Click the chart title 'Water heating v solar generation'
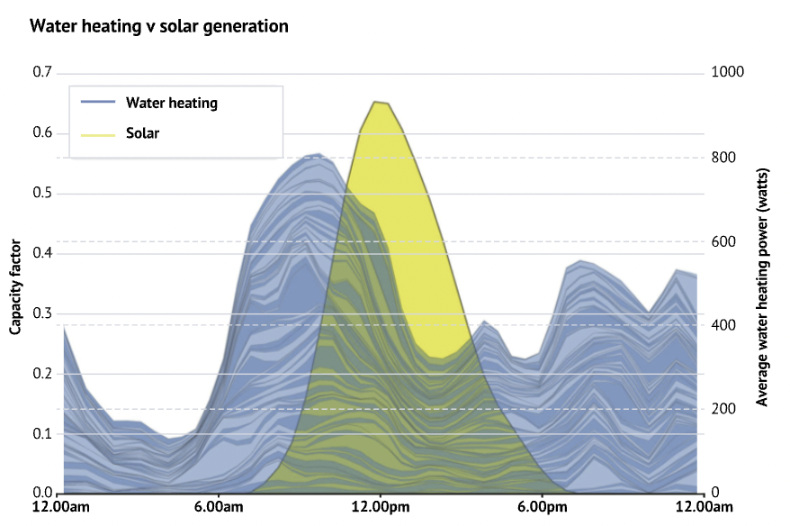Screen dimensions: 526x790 point(159,26)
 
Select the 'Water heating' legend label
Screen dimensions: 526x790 point(171,103)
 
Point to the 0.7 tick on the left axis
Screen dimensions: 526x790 point(41,73)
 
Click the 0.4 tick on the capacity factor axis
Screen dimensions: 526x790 point(41,253)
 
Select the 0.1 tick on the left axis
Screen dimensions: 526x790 point(41,433)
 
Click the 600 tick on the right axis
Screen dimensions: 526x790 point(722,241)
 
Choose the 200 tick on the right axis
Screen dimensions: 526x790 point(722,409)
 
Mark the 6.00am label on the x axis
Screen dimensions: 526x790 point(220,509)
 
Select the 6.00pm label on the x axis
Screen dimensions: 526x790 point(542,509)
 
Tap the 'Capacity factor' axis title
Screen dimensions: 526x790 point(15,282)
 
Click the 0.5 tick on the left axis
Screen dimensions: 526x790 point(41,194)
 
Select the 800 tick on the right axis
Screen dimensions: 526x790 point(722,158)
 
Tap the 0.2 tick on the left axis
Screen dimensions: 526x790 point(41,374)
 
